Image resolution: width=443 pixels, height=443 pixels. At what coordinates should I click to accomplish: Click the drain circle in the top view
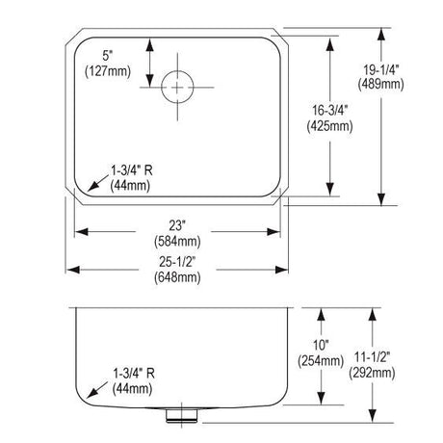point(177,71)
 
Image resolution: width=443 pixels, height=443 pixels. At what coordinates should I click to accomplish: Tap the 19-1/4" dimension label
point(381,69)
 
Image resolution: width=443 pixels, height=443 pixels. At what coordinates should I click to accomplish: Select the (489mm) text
point(381,85)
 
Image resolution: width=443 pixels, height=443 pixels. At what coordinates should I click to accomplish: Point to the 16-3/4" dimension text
point(330,111)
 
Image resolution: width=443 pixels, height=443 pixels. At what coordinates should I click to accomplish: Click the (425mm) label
point(330,126)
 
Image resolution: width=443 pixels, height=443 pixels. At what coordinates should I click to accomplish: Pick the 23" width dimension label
point(177,225)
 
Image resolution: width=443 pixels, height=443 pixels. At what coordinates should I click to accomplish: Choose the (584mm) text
point(177,241)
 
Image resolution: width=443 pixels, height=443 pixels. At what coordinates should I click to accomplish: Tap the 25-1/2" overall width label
point(177,262)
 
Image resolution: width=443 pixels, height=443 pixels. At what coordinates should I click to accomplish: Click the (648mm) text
point(177,277)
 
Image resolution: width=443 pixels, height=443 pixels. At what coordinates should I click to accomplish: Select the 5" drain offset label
point(108,56)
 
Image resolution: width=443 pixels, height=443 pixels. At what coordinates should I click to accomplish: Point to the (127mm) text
point(108,71)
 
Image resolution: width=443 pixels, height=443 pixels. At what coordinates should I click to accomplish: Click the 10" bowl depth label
point(321,346)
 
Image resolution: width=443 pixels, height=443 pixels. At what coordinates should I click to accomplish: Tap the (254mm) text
point(321,361)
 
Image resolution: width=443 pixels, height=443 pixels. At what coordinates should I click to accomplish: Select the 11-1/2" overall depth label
point(373,357)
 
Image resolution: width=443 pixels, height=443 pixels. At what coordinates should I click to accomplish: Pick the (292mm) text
point(373,373)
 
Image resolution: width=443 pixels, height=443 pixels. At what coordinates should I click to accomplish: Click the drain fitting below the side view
point(182,415)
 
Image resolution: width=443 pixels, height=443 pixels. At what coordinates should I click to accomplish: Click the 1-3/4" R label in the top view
point(132,170)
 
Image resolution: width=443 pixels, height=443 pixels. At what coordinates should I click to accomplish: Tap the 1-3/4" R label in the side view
point(134,374)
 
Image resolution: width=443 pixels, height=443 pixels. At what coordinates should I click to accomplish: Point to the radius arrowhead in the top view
point(92,186)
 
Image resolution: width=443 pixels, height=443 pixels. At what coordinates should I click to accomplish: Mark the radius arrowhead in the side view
point(92,393)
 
